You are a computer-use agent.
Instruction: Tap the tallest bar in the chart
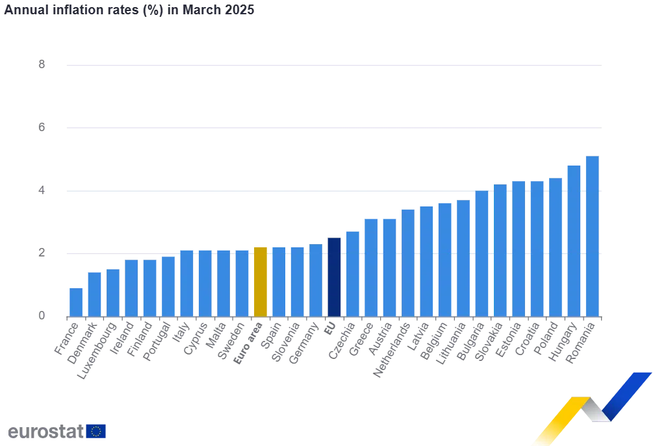592,236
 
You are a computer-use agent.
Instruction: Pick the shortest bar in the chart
75,301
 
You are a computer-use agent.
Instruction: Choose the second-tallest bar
574,240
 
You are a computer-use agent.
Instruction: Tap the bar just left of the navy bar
315,280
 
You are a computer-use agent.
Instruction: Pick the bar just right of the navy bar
353,273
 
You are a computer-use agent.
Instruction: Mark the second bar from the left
94,293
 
